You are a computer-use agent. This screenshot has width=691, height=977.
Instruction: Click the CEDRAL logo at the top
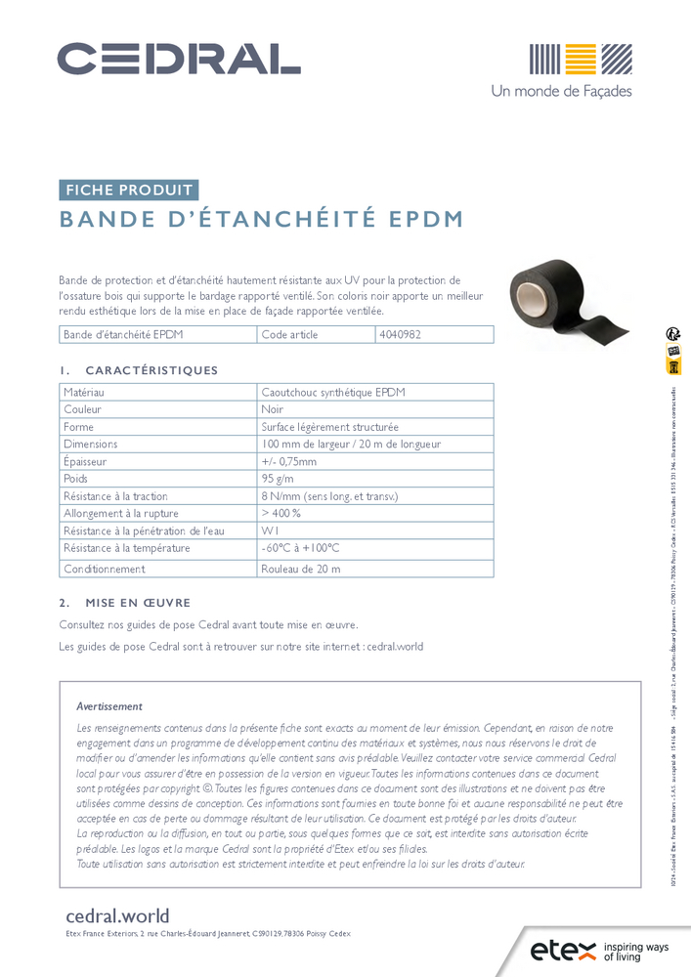pos(178,59)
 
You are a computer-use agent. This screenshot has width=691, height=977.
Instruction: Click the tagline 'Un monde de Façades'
pos(561,91)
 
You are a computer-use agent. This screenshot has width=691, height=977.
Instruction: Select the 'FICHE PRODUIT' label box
pos(129,191)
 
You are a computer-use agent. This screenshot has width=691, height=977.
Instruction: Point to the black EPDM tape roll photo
pos(557,293)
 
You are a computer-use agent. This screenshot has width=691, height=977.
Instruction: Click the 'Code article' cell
pos(290,334)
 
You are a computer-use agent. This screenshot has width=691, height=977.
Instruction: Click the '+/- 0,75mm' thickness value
pos(289,462)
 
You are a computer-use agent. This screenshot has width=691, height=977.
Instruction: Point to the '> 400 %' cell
pos(281,514)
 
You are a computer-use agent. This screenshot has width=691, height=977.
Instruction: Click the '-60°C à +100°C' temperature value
pos(300,549)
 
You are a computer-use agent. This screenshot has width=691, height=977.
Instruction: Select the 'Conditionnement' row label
pos(104,568)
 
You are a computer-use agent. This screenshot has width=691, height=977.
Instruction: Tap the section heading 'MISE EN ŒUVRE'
pos(138,603)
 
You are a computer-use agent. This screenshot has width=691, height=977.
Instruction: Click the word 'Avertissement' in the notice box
pos(109,706)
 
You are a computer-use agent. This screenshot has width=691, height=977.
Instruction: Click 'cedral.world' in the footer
pos(117,916)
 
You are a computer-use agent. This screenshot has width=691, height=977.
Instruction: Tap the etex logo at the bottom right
pos(561,950)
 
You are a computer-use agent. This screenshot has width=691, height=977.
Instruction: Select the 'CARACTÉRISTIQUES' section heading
pos(151,370)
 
